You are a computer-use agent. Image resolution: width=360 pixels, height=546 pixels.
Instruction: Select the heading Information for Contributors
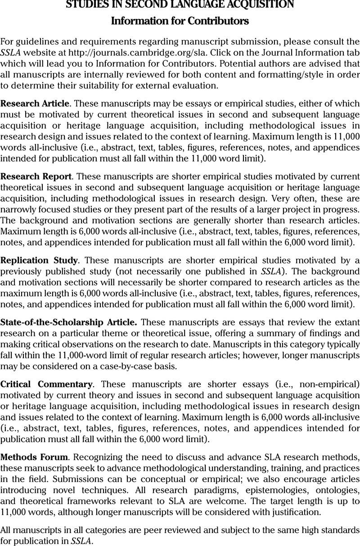(180, 21)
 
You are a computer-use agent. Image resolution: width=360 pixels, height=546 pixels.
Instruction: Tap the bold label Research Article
(35, 104)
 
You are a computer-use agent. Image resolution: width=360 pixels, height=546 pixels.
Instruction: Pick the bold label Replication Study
(40, 260)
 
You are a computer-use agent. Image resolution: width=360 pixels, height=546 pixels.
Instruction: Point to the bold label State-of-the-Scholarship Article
(69, 322)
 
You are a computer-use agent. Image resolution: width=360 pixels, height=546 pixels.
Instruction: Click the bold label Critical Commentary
(46, 384)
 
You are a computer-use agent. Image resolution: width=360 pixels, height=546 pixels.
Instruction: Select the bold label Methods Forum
(34, 457)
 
